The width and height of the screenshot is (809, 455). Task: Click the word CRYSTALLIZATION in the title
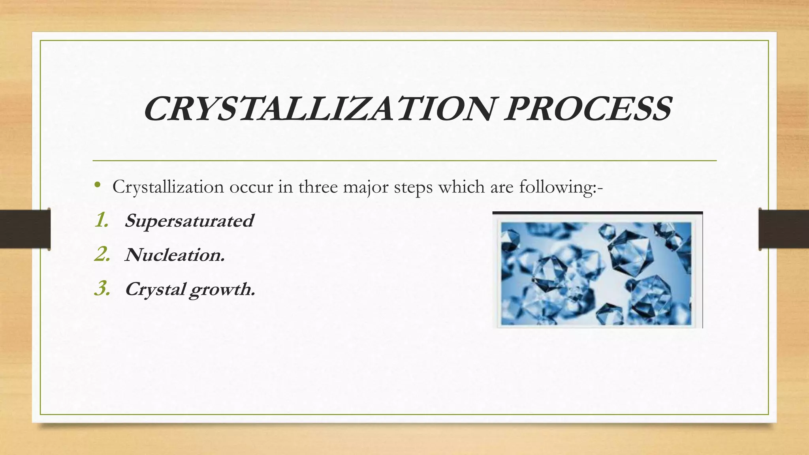(x=318, y=109)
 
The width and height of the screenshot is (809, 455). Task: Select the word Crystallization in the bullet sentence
(x=167, y=187)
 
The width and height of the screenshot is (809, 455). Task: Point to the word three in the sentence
(x=318, y=187)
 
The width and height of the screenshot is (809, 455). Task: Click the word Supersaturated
(x=189, y=220)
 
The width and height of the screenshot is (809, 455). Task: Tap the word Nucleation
(x=174, y=255)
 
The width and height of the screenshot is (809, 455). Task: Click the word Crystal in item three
(x=155, y=289)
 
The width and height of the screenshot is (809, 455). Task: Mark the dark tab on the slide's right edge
(x=784, y=229)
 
